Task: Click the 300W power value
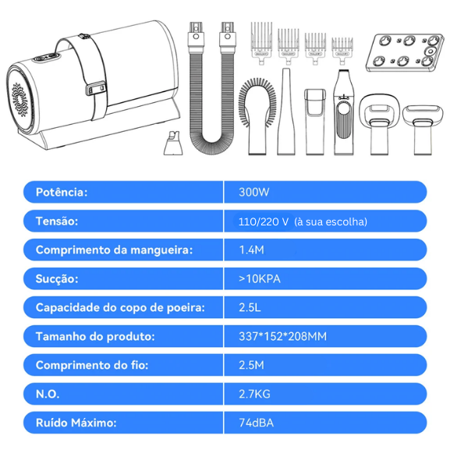pyautogui.click(x=253, y=192)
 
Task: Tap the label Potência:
pyautogui.click(x=62, y=192)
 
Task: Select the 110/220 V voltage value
pyautogui.click(x=264, y=221)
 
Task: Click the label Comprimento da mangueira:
pyautogui.click(x=114, y=250)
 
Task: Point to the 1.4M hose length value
pyautogui.click(x=251, y=250)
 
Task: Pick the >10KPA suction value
pyautogui.click(x=260, y=278)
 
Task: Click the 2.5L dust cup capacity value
pyautogui.click(x=250, y=307)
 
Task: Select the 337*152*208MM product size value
pyautogui.click(x=282, y=336)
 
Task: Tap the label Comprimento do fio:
pyautogui.click(x=92, y=365)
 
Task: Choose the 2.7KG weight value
pyautogui.click(x=254, y=394)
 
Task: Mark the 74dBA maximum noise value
pyautogui.click(x=256, y=423)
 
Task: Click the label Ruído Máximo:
pyautogui.click(x=76, y=423)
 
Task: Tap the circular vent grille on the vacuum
pyautogui.click(x=19, y=100)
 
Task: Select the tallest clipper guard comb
pyautogui.click(x=261, y=43)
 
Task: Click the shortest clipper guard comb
pyautogui.click(x=342, y=51)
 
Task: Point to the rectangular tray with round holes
pyautogui.click(x=404, y=52)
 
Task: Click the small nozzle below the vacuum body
pyautogui.click(x=173, y=144)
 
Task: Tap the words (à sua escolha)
pyautogui.click(x=331, y=221)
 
